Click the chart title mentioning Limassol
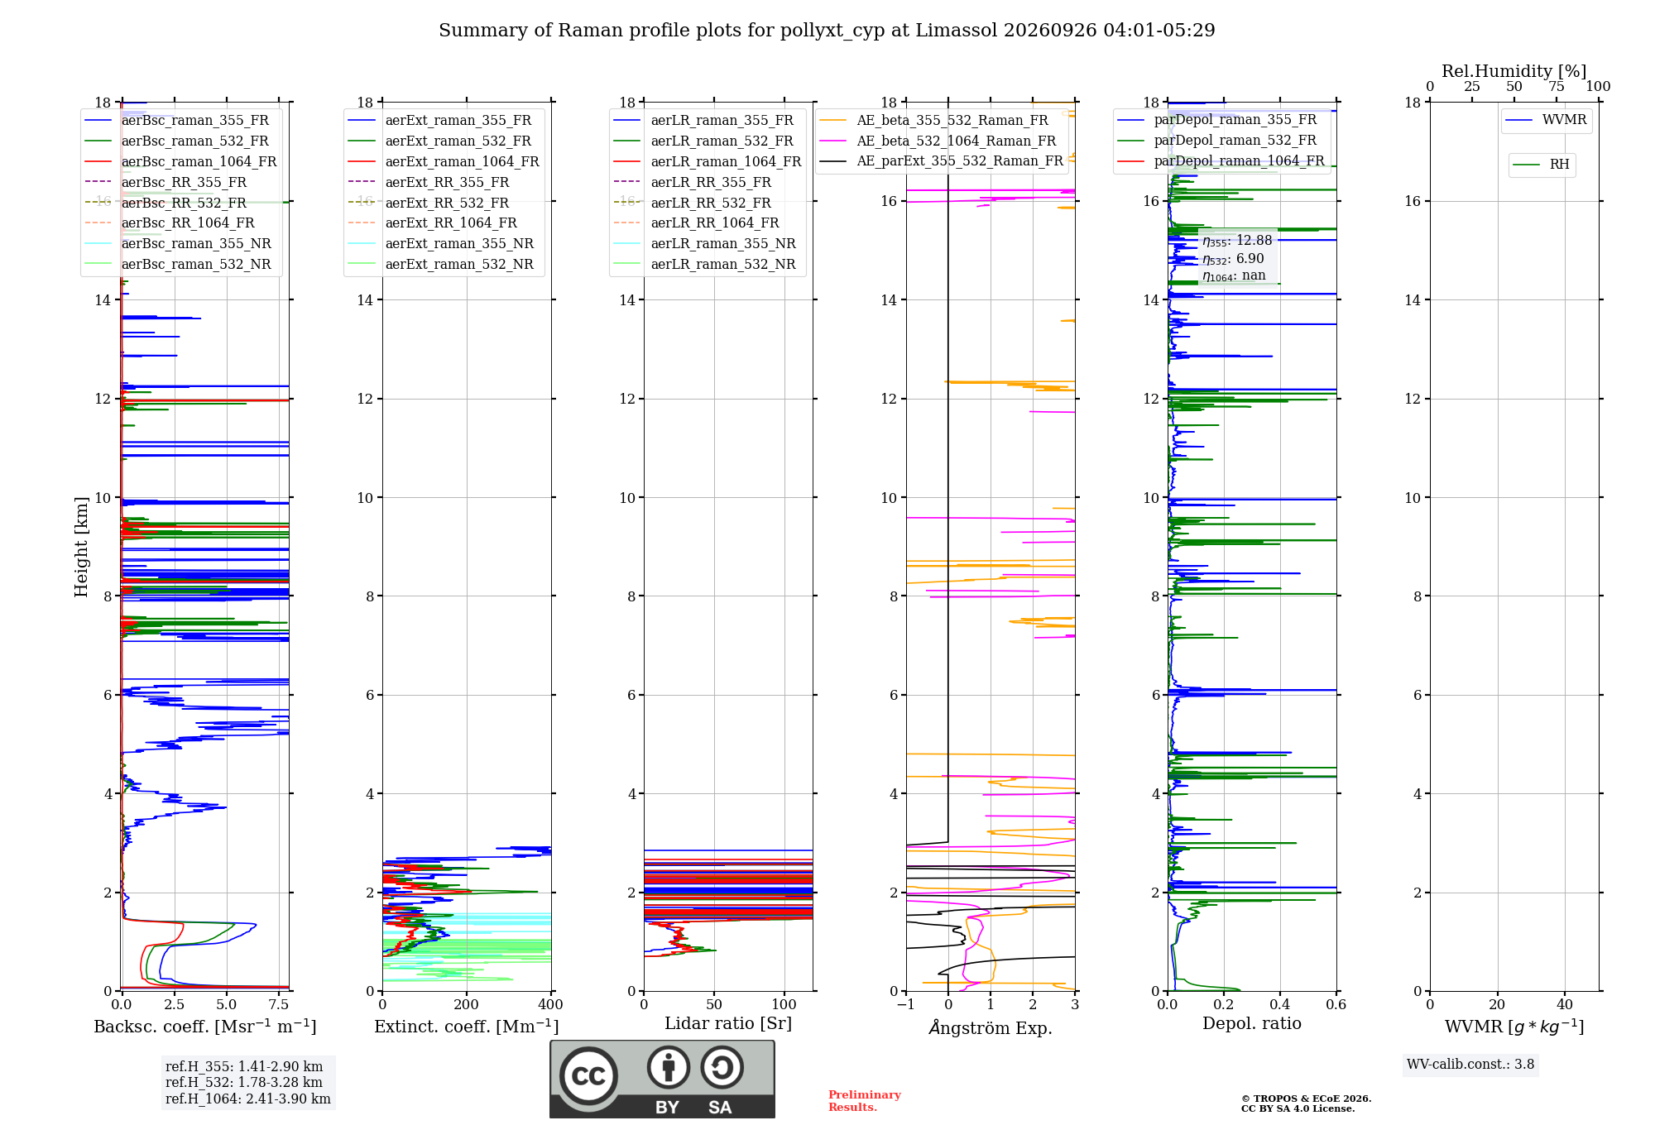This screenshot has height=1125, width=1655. [827, 31]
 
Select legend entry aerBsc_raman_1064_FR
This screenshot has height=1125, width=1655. [180, 161]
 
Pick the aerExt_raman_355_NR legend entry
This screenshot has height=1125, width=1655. [441, 243]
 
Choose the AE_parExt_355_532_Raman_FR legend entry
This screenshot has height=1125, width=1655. [942, 160]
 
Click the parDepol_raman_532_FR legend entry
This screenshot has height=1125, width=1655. [1217, 140]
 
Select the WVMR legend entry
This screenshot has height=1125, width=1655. [1546, 120]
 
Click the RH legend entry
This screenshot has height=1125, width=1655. [1541, 165]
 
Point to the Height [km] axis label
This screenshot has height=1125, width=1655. [81, 547]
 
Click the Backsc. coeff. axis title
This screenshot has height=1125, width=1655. [205, 1027]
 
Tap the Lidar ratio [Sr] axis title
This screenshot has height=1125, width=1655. [728, 1023]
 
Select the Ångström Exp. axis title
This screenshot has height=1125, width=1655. [991, 1027]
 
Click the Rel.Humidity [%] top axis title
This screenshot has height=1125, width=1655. [1514, 71]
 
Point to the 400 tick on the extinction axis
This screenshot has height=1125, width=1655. [551, 1004]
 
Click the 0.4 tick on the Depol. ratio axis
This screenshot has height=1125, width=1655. [1280, 1004]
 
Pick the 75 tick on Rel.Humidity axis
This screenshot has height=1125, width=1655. [1557, 86]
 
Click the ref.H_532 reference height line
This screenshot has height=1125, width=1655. [244, 1083]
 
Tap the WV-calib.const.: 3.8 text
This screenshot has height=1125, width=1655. [1470, 1065]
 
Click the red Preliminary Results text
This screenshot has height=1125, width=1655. [865, 1101]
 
